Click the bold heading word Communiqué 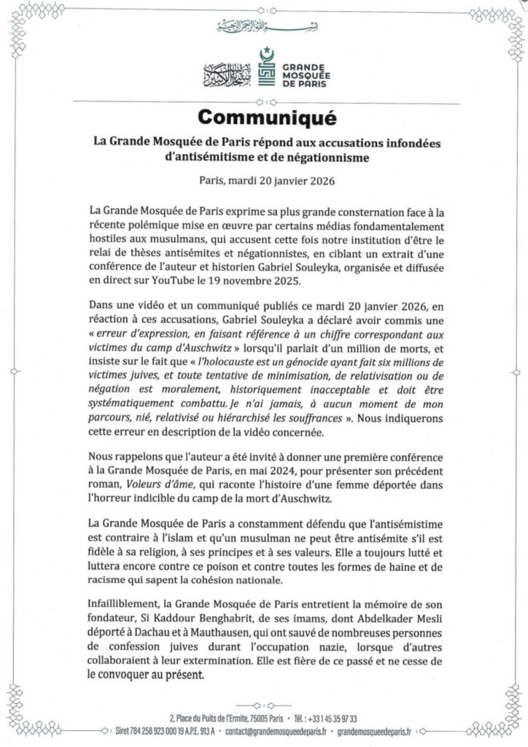(x=263, y=117)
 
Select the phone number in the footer (x=354, y=718)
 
